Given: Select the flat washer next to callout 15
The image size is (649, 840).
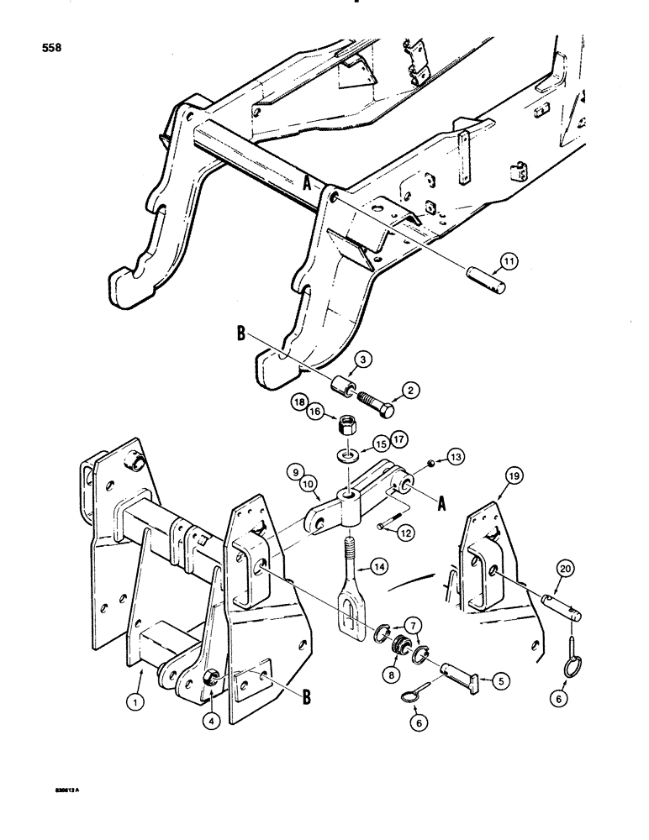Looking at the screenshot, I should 345,457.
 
